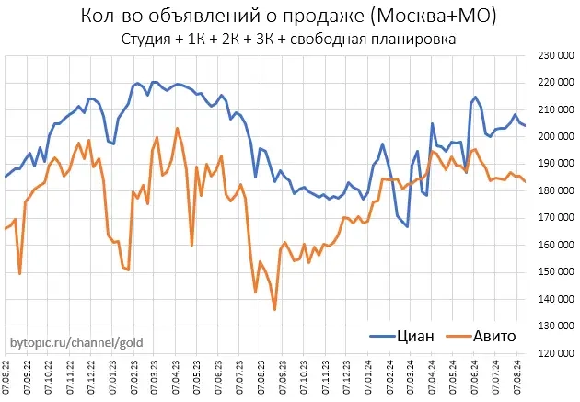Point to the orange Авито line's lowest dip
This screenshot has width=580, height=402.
[x=274, y=309]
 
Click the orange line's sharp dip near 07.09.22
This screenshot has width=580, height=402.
[x=20, y=273]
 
